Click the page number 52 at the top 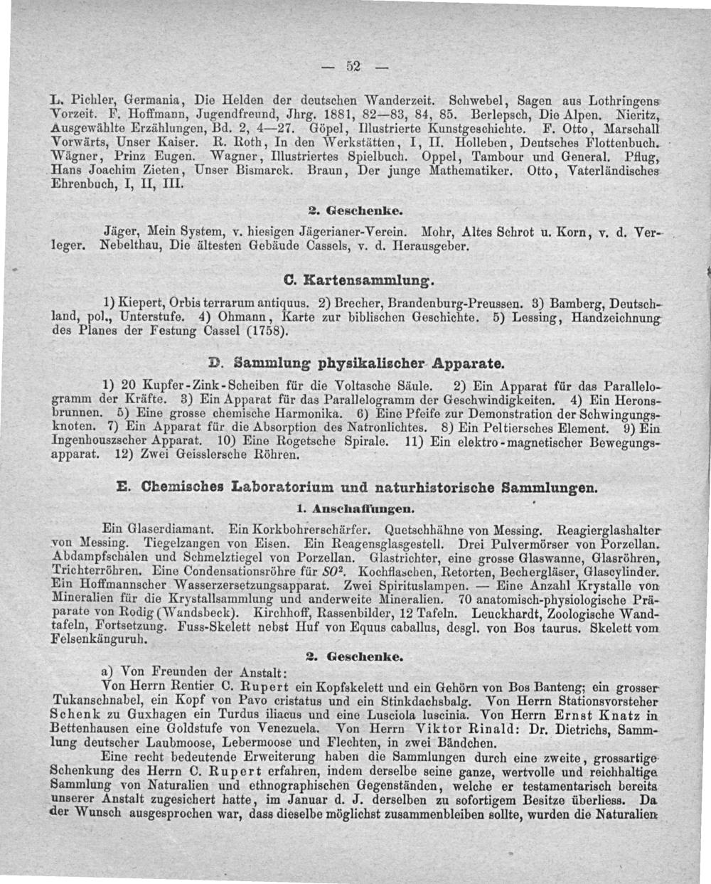pyautogui.click(x=351, y=67)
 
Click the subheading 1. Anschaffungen pyautogui.click(x=354, y=509)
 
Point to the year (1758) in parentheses pyautogui.click(x=263, y=332)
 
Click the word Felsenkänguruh pyautogui.click(x=100, y=639)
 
